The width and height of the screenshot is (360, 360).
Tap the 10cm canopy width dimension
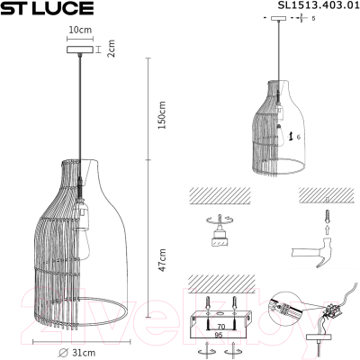pyautogui.click(x=81, y=30)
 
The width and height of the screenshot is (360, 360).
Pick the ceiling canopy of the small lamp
pyautogui.click(x=283, y=20)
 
